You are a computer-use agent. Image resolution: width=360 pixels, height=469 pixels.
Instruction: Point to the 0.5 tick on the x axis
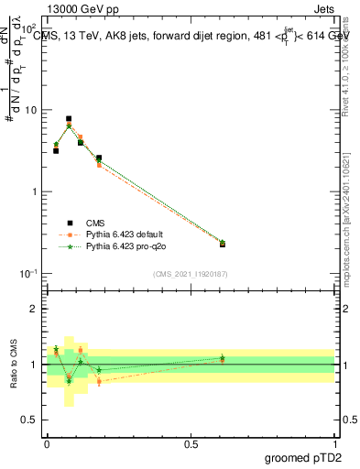(191, 442)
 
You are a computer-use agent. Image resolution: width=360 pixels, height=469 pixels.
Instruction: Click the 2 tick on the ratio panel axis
(35, 309)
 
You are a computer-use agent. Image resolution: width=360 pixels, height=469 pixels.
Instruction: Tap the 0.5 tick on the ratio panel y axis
(30, 420)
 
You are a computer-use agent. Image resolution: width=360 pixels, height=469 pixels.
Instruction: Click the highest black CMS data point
(69, 119)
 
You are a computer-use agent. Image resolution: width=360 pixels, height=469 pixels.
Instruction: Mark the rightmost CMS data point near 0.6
(223, 244)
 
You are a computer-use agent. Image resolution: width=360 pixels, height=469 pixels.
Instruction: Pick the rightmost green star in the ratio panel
(223, 358)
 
